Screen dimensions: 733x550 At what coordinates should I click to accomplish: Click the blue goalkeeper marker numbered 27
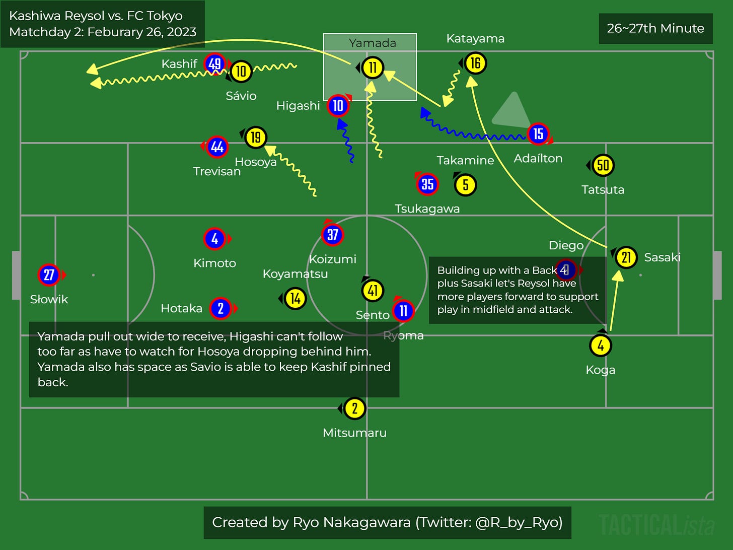[49, 275]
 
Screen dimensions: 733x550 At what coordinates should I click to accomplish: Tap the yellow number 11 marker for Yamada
[373, 67]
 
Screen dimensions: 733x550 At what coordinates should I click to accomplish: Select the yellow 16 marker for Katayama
[475, 63]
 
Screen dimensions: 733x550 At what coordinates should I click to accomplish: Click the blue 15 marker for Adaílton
[538, 134]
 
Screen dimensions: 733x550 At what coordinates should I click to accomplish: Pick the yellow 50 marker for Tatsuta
[603, 165]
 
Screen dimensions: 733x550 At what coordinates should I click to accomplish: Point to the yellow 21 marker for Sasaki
[626, 257]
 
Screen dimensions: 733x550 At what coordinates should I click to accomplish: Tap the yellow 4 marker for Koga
[601, 346]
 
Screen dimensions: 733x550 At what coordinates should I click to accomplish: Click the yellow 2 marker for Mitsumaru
[354, 408]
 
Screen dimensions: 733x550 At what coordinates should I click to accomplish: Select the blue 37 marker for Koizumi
[332, 235]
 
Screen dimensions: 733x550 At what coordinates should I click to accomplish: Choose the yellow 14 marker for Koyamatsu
[295, 299]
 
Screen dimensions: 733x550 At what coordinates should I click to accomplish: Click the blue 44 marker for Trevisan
[217, 147]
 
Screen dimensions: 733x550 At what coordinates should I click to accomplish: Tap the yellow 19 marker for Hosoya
[256, 137]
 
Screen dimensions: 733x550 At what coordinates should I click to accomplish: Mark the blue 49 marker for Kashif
[214, 64]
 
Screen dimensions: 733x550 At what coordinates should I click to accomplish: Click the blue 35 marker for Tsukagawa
[427, 184]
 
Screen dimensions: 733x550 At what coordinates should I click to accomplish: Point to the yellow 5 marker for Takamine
[465, 185]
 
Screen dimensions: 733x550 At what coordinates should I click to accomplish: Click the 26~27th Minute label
[655, 28]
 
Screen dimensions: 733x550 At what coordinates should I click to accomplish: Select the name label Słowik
[49, 299]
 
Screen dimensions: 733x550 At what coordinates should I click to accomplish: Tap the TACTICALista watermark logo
[656, 524]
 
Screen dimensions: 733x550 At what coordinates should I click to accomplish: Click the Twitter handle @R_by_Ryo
[519, 523]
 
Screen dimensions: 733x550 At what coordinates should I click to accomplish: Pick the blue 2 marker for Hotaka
[221, 308]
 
